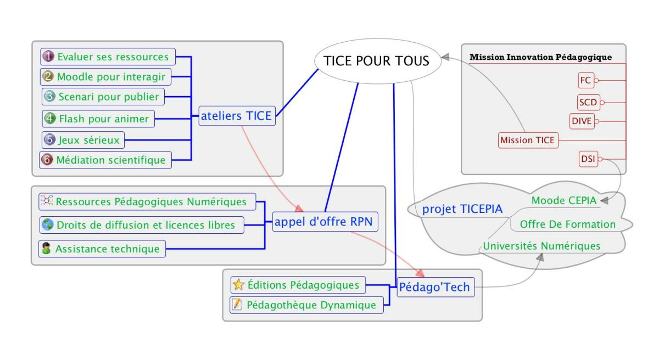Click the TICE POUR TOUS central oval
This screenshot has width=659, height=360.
pyautogui.click(x=377, y=61)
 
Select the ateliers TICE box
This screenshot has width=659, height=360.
pyautogui.click(x=237, y=116)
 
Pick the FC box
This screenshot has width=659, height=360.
pyautogui.click(x=585, y=81)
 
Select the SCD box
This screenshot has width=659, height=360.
pyautogui.click(x=587, y=102)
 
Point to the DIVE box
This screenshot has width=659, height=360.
pyautogui.click(x=583, y=121)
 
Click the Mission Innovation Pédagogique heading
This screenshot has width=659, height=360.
pyautogui.click(x=541, y=57)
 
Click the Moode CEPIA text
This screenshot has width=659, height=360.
pyautogui.click(x=564, y=201)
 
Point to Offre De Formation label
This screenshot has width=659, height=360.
pyautogui.click(x=567, y=224)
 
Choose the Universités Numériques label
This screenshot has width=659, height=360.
pyautogui.click(x=541, y=246)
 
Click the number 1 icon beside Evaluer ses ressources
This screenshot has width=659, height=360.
pyautogui.click(x=48, y=57)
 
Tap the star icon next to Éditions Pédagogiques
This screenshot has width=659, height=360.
pyautogui.click(x=238, y=285)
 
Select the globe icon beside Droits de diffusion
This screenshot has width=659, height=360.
pyautogui.click(x=47, y=224)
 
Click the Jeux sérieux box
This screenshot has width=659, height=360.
pyautogui.click(x=83, y=139)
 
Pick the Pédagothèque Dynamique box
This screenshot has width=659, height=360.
pyautogui.click(x=306, y=305)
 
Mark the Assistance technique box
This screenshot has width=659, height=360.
pyautogui.click(x=102, y=249)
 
